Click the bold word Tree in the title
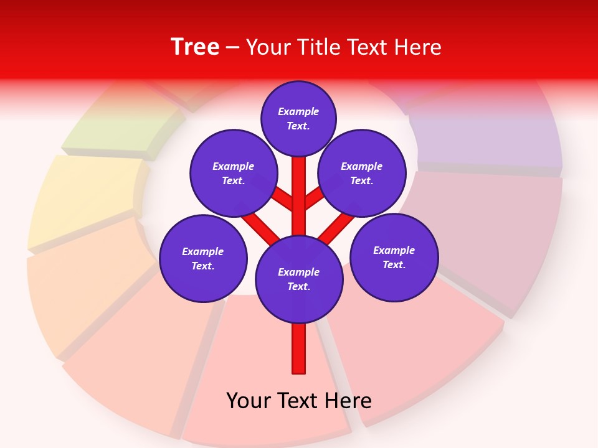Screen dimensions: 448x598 195,47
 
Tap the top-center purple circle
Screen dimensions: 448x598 298,118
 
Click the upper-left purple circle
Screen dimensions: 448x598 234,173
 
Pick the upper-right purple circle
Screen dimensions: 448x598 362,173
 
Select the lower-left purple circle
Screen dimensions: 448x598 203,258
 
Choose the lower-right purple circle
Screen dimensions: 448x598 394,257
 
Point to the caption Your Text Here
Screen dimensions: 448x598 299,400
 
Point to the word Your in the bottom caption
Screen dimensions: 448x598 249,400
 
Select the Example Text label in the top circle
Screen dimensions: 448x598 298,118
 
